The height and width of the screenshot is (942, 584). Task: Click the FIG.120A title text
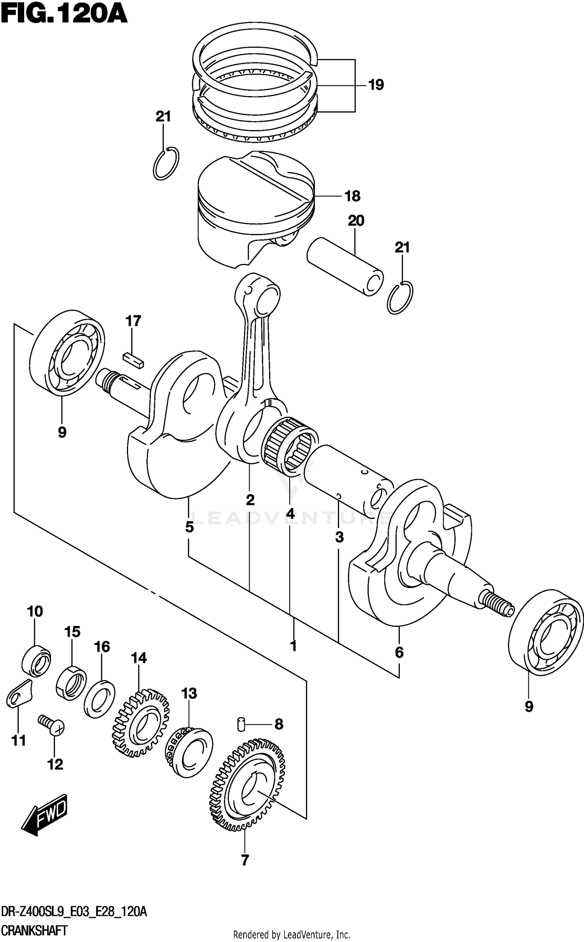point(64,15)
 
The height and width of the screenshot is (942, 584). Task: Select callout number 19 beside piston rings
point(376,85)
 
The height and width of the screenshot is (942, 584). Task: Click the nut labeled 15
point(71,683)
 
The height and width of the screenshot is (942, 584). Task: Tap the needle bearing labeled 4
point(290,446)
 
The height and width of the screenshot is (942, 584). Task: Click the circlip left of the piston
point(166,164)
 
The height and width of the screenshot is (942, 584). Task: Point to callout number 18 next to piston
point(353,196)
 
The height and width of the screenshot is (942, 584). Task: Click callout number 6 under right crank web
point(399,652)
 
